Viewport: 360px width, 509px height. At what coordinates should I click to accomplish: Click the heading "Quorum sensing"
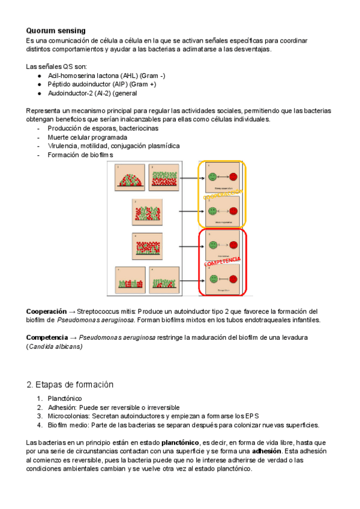click(x=56, y=31)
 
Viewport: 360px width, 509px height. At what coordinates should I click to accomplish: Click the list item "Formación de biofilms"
click(x=83, y=155)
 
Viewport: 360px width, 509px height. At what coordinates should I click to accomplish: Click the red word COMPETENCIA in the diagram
click(x=223, y=263)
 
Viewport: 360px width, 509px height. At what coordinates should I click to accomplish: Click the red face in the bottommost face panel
click(x=233, y=280)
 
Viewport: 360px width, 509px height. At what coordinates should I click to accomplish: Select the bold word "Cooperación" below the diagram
click(x=46, y=312)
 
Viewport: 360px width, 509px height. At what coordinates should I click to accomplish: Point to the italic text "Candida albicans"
click(x=55, y=347)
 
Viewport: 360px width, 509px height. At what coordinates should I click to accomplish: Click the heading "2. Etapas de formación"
click(x=70, y=384)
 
